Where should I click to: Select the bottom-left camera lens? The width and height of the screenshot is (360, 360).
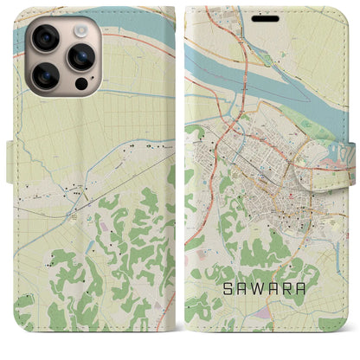tap(45, 75)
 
